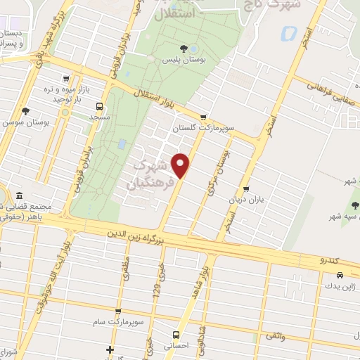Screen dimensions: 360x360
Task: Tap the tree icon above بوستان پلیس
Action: click(x=184, y=49)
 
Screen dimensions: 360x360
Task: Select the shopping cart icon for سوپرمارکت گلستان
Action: click(x=204, y=118)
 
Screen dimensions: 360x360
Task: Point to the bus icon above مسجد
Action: click(x=99, y=108)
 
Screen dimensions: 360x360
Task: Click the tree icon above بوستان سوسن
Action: click(x=26, y=111)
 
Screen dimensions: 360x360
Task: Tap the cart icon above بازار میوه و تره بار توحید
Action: click(x=66, y=79)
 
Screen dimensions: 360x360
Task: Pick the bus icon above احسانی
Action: click(x=176, y=335)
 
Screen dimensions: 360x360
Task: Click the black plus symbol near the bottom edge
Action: click(x=110, y=349)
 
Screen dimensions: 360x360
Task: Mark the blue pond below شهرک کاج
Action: click(x=287, y=32)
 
